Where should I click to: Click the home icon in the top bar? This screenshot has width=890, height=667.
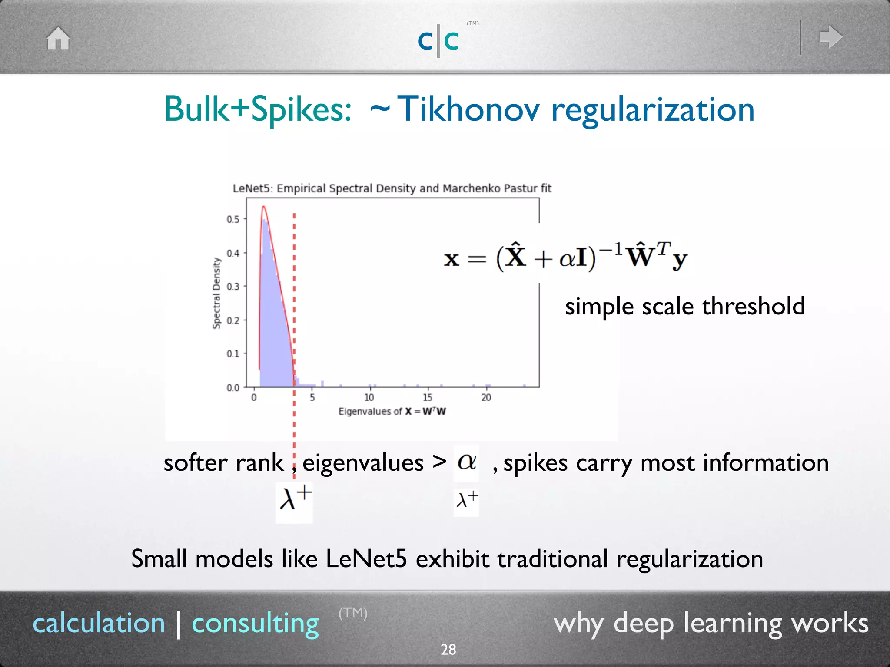(58, 38)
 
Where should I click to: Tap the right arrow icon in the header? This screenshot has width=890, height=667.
(830, 37)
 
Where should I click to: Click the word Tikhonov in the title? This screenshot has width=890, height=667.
(468, 109)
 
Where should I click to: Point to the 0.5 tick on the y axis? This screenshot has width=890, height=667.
(233, 219)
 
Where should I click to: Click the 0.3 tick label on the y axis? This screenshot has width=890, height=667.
(233, 287)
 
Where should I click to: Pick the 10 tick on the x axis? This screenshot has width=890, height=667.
(369, 397)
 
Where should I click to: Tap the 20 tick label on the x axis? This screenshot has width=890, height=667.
(486, 397)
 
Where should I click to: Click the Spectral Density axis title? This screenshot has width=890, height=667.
(216, 293)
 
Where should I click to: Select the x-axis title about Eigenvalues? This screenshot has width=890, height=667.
(392, 411)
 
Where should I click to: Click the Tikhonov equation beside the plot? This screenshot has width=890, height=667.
(565, 257)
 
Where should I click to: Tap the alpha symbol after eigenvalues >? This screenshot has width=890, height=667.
(467, 462)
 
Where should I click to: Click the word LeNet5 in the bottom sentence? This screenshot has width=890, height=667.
(366, 558)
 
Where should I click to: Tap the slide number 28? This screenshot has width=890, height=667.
(448, 650)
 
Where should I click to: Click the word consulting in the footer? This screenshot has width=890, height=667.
(256, 624)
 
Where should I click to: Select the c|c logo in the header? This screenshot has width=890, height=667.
(438, 41)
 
